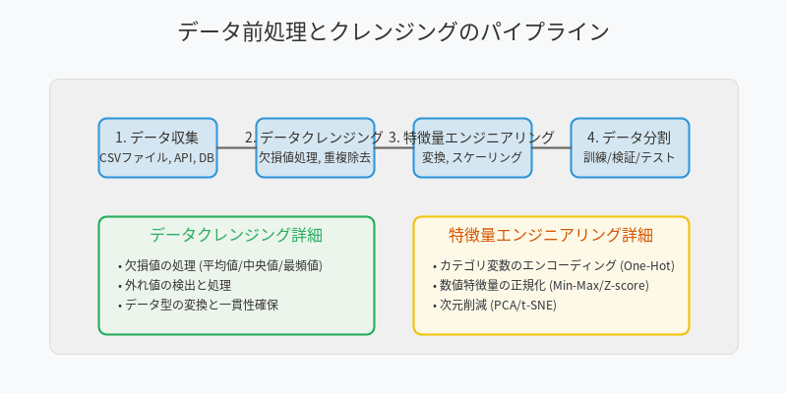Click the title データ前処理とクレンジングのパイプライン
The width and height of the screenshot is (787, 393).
click(x=393, y=31)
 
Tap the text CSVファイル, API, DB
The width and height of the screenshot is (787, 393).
click(x=157, y=158)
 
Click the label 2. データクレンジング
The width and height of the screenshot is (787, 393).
click(x=314, y=138)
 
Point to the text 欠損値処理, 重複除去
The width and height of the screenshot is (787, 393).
click(x=315, y=158)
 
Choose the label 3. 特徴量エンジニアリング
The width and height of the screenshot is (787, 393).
click(x=471, y=138)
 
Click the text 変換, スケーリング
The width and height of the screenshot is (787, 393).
click(x=472, y=158)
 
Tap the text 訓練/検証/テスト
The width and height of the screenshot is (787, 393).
click(x=630, y=158)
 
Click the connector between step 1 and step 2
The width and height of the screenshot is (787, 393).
click(x=236, y=147)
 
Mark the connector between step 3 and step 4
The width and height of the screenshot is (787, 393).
click(x=551, y=147)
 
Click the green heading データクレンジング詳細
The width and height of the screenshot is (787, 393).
click(x=236, y=236)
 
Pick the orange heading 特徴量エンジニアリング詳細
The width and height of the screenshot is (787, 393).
click(x=551, y=236)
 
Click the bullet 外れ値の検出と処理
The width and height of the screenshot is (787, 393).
click(x=180, y=285)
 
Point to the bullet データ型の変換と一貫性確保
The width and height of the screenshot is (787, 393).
click(x=201, y=305)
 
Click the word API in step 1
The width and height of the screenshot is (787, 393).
click(x=184, y=158)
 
